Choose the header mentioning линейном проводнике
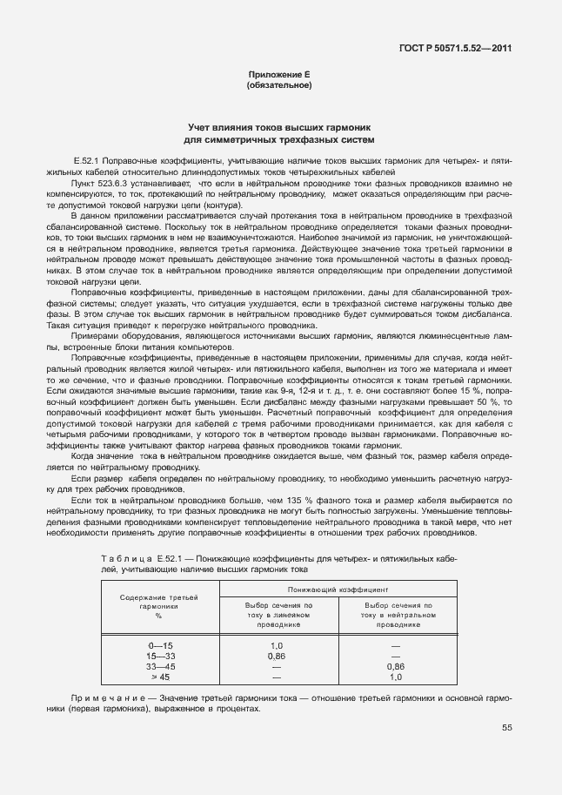tap(278, 615)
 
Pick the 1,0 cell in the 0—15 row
tap(278, 644)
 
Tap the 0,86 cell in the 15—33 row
tap(278, 655)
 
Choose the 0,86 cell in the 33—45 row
tap(395, 665)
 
